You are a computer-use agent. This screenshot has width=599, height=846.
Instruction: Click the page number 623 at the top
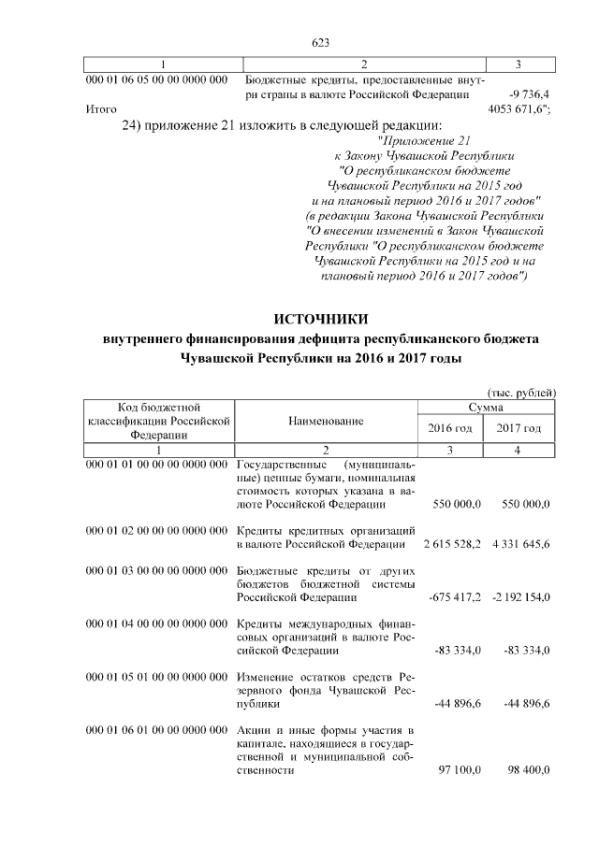[x=322, y=42]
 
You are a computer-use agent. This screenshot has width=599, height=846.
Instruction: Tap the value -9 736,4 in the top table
[x=529, y=94]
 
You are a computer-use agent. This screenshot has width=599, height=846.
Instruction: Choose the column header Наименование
[x=326, y=423]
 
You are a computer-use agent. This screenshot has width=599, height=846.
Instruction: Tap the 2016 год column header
[x=451, y=428]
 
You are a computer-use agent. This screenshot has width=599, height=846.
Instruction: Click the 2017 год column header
[x=519, y=428]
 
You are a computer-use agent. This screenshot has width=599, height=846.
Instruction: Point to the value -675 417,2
[x=454, y=596]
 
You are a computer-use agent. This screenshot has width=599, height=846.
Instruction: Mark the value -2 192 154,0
[x=519, y=596]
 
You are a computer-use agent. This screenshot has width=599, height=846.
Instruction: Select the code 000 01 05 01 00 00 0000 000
[x=156, y=676]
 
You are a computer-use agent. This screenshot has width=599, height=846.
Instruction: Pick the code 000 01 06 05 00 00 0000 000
[x=156, y=80]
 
